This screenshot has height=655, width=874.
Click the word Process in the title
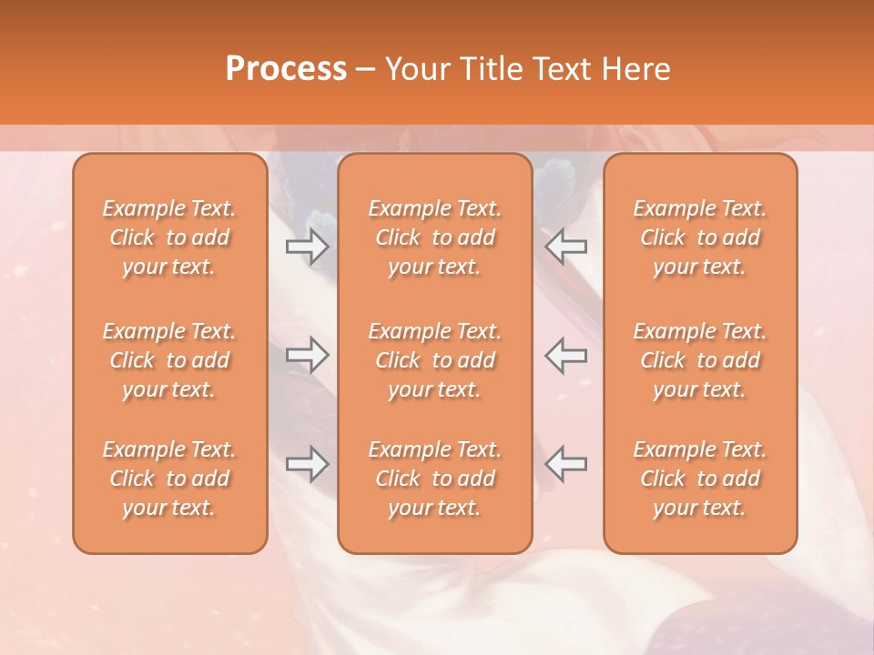(286, 69)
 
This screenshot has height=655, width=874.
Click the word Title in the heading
(486, 69)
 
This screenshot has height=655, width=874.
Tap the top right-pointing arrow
(307, 246)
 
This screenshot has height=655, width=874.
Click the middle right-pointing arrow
(307, 355)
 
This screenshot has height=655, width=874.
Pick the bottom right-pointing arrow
(307, 463)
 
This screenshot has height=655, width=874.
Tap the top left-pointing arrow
(566, 246)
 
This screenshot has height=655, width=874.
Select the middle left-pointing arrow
(566, 355)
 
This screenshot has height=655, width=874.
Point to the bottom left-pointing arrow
(566, 463)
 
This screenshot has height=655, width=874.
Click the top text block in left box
(169, 237)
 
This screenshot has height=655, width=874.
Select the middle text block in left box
(169, 360)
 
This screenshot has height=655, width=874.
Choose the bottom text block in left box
(169, 479)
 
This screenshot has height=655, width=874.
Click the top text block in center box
(434, 237)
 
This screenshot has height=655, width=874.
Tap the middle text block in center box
(434, 360)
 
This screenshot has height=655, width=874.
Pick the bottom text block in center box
(434, 479)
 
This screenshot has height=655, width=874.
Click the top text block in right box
(699, 237)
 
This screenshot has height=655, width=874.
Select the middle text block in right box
(699, 360)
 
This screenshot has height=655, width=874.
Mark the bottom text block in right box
(699, 479)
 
